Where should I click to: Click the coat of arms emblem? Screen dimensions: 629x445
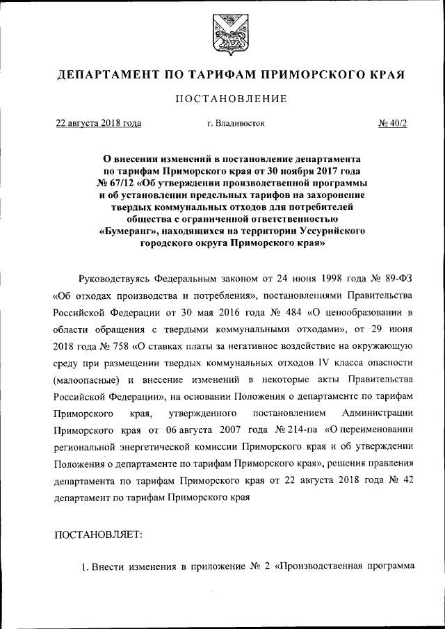point(222,33)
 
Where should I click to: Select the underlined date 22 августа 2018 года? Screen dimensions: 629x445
point(99,124)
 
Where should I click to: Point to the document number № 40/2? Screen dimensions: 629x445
point(393,124)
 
